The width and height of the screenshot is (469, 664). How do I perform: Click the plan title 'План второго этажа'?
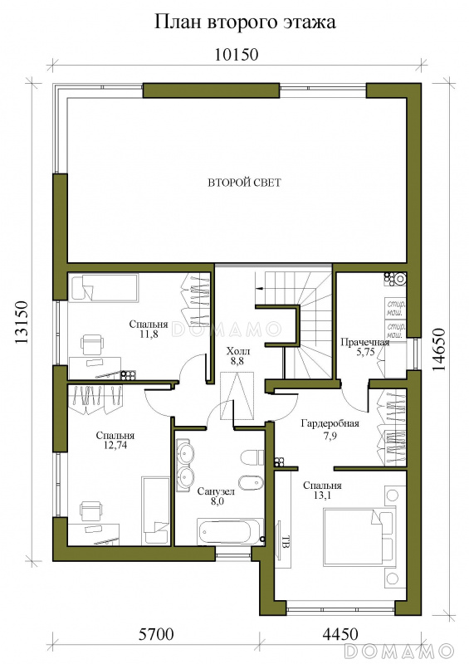click(x=245, y=23)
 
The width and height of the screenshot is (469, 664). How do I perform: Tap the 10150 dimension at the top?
click(x=236, y=55)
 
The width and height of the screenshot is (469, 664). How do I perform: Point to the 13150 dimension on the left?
click(x=22, y=322)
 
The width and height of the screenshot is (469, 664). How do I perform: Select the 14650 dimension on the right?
click(x=439, y=349)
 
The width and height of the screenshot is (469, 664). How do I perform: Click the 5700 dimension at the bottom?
click(x=156, y=634)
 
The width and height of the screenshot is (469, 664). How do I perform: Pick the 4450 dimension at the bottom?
click(x=340, y=634)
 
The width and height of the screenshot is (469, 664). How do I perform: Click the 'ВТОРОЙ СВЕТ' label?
click(x=244, y=183)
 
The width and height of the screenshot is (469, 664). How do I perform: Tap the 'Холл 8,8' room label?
click(x=238, y=356)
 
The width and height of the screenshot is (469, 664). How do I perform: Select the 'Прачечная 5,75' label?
click(x=364, y=347)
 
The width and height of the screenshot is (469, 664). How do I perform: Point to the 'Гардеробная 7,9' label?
click(x=330, y=429)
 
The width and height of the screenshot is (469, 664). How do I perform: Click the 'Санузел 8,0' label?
click(x=216, y=496)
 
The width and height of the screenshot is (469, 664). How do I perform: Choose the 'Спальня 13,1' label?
click(x=322, y=491)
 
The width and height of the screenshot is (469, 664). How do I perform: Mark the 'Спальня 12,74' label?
click(x=115, y=440)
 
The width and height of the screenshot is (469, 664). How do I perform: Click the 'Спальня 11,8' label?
click(x=149, y=329)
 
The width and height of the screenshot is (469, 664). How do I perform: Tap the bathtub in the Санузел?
click(x=230, y=531)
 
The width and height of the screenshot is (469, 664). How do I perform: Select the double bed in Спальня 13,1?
click(x=359, y=537)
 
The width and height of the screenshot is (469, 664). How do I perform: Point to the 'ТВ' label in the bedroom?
click(x=286, y=541)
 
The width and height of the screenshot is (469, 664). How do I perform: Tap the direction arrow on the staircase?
click(x=260, y=288)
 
